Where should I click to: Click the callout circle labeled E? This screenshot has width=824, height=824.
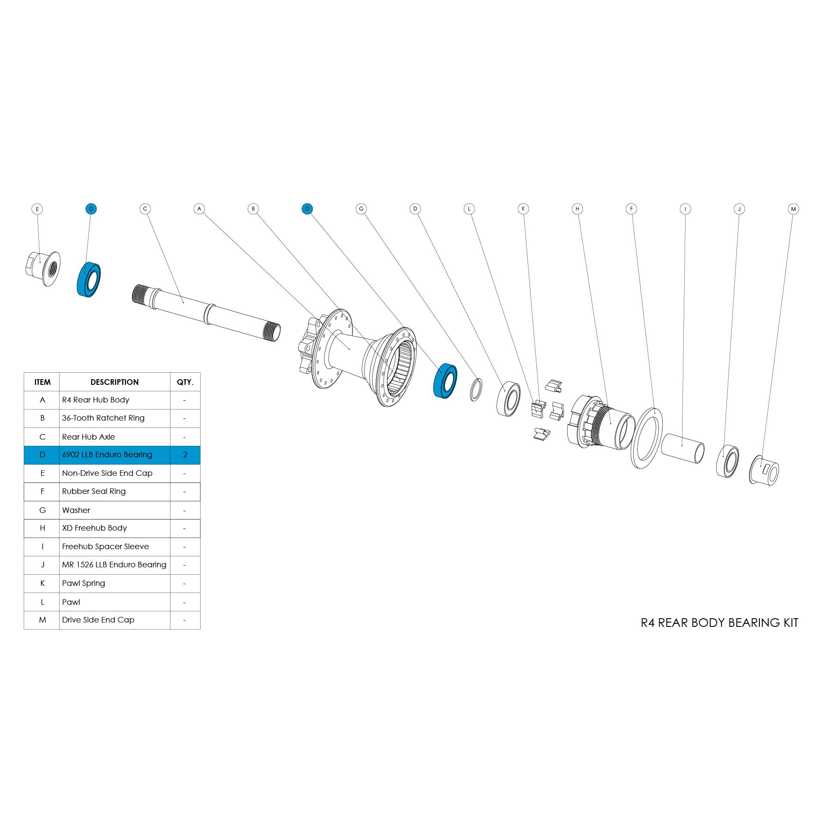[37, 209]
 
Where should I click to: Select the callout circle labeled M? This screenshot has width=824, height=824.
[793, 209]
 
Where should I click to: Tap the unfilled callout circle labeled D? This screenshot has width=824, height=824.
[415, 209]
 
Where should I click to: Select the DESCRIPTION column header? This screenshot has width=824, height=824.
[114, 382]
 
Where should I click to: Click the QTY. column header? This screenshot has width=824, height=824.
[185, 382]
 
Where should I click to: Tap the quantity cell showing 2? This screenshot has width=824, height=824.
[185, 455]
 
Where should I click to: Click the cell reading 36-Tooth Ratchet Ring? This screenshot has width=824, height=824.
[103, 418]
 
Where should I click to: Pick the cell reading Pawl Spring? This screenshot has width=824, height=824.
[84, 583]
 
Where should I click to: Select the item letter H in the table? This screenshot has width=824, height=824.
[42, 528]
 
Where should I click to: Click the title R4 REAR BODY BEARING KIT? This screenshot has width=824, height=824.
[719, 623]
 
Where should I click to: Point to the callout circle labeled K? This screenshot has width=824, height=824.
[523, 209]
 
